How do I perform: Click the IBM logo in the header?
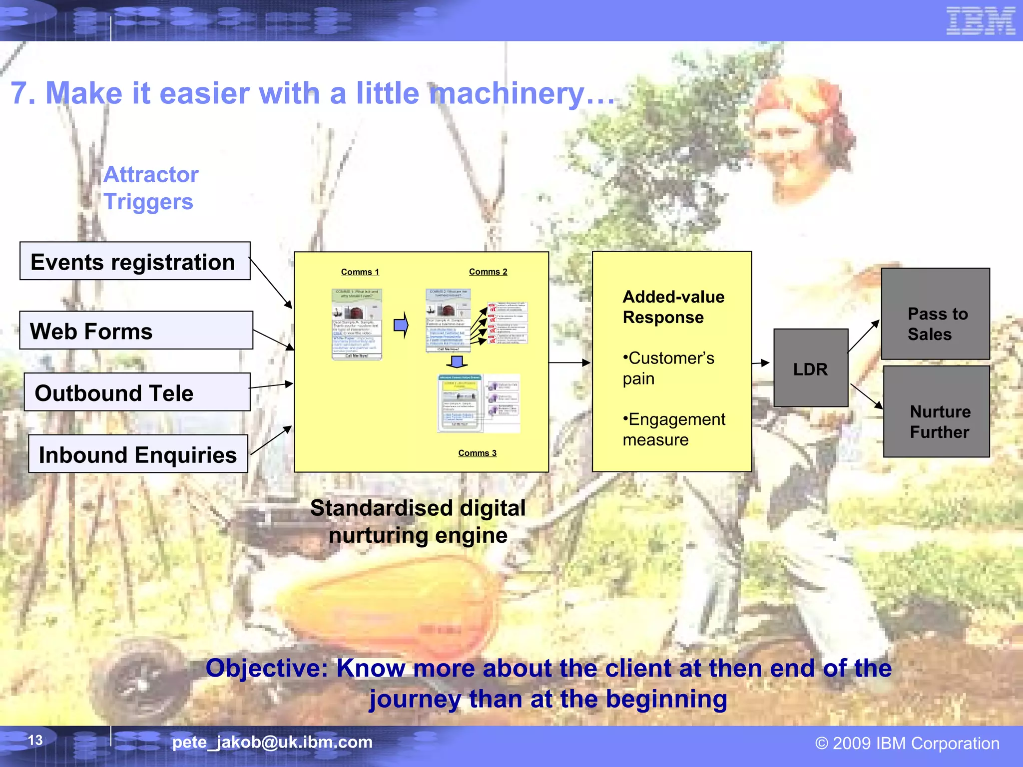pos(980,21)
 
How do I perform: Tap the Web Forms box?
pos(136,331)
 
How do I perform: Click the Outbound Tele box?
pos(137,392)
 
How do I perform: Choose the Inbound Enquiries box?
pos(138,454)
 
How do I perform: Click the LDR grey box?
pos(810,369)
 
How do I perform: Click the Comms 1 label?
pos(360,272)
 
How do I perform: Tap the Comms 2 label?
pos(488,272)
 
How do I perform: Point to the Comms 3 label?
pos(477,453)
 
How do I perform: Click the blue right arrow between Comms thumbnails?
pos(401,326)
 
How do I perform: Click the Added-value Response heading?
pos(672,307)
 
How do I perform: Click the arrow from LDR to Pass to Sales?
pos(863,336)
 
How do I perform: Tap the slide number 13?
pos(35,740)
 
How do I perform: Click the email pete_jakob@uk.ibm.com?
pos(272,742)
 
